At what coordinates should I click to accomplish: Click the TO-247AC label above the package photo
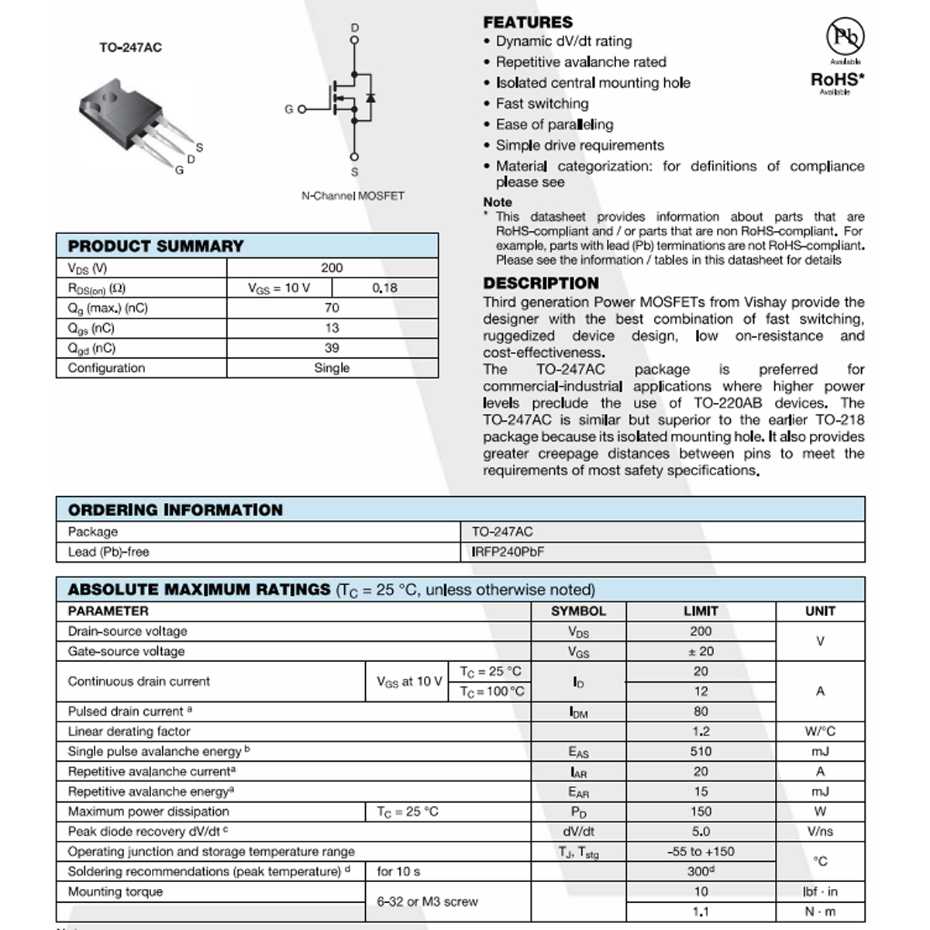(x=130, y=47)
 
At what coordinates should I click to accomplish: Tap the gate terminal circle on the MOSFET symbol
(x=301, y=109)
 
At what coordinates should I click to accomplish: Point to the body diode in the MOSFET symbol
(x=370, y=98)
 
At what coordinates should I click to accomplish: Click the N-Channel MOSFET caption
(x=353, y=196)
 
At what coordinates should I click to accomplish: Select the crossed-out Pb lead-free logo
(x=845, y=36)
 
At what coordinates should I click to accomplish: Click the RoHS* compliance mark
(x=837, y=79)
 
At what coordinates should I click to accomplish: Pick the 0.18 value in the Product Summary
(x=384, y=288)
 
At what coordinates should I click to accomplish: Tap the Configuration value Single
(x=332, y=368)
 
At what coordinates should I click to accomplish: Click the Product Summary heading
(x=156, y=246)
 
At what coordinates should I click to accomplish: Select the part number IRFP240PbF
(x=508, y=552)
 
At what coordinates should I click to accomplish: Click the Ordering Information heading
(x=175, y=510)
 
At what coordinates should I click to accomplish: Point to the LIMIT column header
(x=701, y=611)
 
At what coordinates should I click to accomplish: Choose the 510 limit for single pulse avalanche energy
(x=701, y=751)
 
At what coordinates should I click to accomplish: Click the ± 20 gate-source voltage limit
(x=701, y=651)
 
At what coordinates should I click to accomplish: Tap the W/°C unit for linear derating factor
(x=820, y=731)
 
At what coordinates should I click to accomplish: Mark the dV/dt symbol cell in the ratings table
(x=578, y=832)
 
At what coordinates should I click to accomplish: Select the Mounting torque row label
(x=115, y=891)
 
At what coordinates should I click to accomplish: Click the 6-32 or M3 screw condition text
(x=427, y=901)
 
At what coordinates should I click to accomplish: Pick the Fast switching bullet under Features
(x=542, y=104)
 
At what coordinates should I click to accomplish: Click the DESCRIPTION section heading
(x=541, y=284)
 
